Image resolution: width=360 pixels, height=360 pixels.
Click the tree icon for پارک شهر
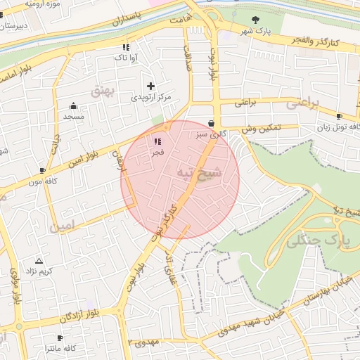pyautogui.click(x=255, y=20)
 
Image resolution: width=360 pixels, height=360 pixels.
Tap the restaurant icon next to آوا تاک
pyautogui.click(x=125, y=47)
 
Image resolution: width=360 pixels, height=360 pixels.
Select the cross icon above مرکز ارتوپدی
pyautogui.click(x=150, y=86)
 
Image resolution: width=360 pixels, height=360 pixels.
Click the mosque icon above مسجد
pyautogui.click(x=74, y=105)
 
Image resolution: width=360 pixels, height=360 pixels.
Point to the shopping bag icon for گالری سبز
pyautogui.click(x=211, y=122)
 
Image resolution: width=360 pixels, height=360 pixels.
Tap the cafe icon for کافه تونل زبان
pyautogui.click(x=340, y=116)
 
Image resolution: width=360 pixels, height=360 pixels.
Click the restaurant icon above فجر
pyautogui.click(x=156, y=141)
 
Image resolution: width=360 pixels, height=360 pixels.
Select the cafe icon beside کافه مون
pyautogui.click(x=43, y=170)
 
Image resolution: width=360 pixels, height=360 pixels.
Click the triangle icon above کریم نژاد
pyautogui.click(x=39, y=260)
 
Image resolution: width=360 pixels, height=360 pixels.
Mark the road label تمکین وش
pyautogui.click(x=261, y=129)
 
